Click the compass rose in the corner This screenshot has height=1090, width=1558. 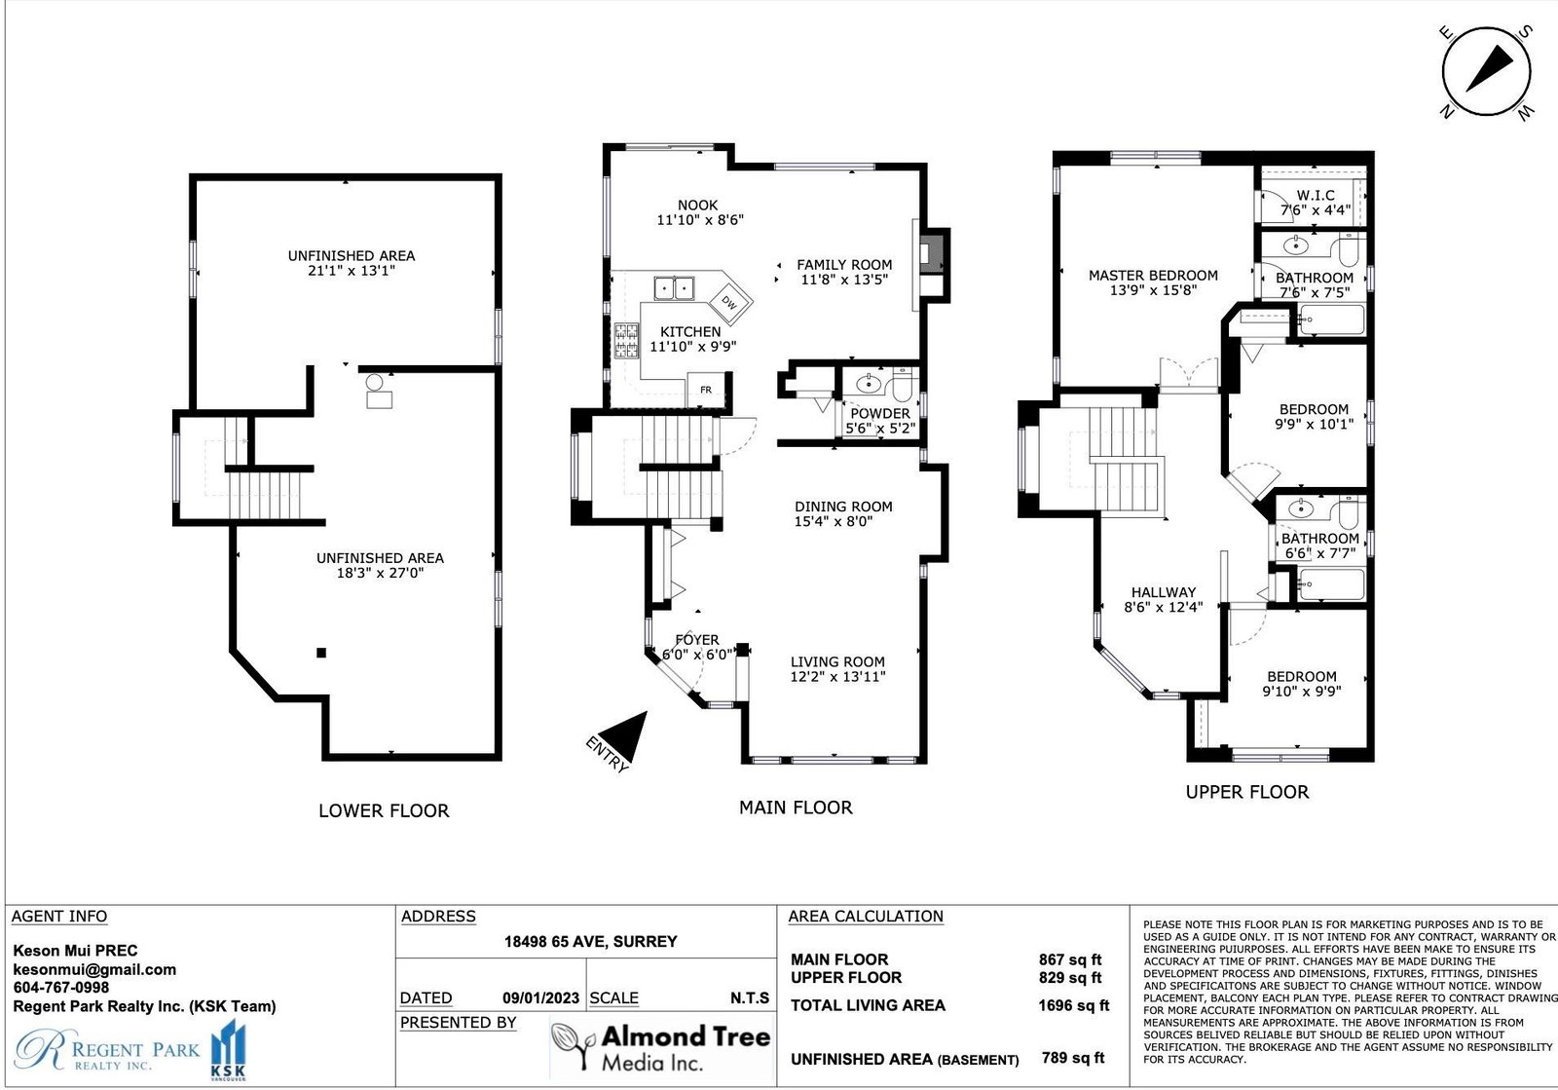(1486, 72)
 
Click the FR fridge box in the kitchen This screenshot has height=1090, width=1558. (706, 390)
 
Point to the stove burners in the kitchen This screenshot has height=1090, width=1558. (626, 341)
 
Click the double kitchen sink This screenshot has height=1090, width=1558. (674, 288)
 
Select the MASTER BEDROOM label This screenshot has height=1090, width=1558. (1153, 276)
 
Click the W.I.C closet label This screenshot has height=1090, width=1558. (1315, 196)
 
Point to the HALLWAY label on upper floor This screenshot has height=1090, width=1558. (1163, 592)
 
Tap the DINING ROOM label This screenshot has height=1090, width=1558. (843, 507)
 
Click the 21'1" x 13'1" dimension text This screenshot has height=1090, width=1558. (352, 271)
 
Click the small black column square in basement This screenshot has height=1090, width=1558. (321, 653)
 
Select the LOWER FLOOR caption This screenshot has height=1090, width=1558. (384, 810)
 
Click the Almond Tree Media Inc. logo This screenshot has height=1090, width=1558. (661, 1047)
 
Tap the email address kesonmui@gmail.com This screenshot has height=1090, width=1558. (94, 969)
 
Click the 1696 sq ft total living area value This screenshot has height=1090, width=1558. (1073, 1005)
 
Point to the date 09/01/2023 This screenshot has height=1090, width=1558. (540, 998)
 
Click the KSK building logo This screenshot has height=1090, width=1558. (228, 1050)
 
